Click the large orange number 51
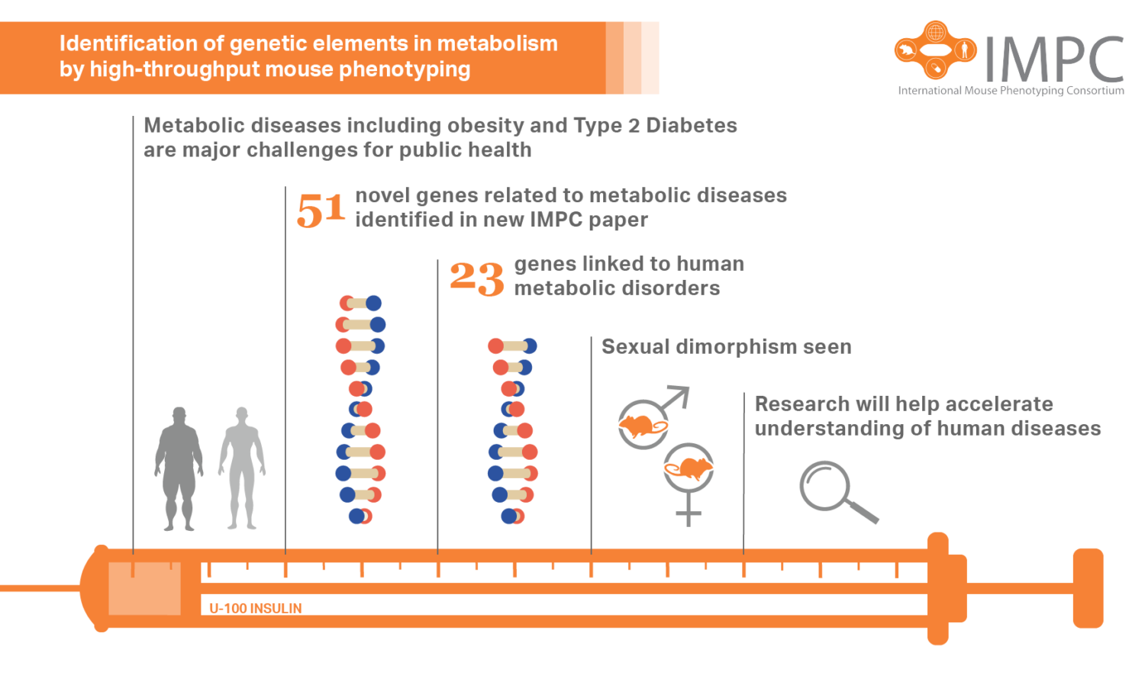click(321, 210)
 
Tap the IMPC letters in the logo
click(1053, 59)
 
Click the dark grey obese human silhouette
click(179, 468)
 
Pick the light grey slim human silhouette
click(242, 468)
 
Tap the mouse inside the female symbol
click(689, 468)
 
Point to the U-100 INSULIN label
click(256, 608)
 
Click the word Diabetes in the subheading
click(692, 125)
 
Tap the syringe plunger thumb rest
click(1088, 588)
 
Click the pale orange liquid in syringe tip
click(145, 588)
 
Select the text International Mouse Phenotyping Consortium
click(1011, 91)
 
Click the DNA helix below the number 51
click(360, 410)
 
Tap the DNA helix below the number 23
click(513, 431)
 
